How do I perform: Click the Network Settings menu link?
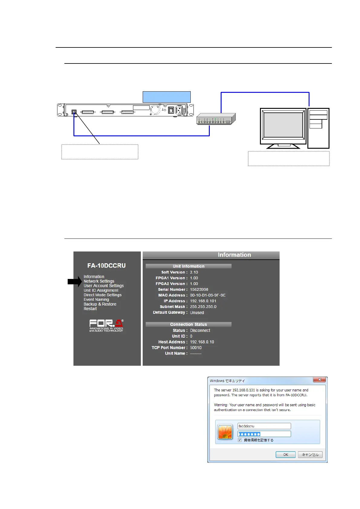(99, 281)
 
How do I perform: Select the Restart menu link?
(90, 309)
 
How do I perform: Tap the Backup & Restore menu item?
(100, 304)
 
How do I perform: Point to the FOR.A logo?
(106, 326)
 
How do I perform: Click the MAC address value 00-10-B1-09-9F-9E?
(208, 295)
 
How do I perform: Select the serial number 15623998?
(199, 289)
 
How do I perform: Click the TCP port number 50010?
(196, 348)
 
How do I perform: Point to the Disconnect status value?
(200, 330)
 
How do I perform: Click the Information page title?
(234, 255)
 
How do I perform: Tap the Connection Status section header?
(188, 324)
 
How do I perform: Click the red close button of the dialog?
(319, 380)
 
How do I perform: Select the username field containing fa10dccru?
(264, 426)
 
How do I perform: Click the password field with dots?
(264, 434)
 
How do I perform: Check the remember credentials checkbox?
(240, 440)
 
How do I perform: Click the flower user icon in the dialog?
(225, 432)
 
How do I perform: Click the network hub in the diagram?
(216, 119)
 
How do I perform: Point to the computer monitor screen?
(283, 125)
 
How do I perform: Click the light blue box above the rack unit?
(167, 97)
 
